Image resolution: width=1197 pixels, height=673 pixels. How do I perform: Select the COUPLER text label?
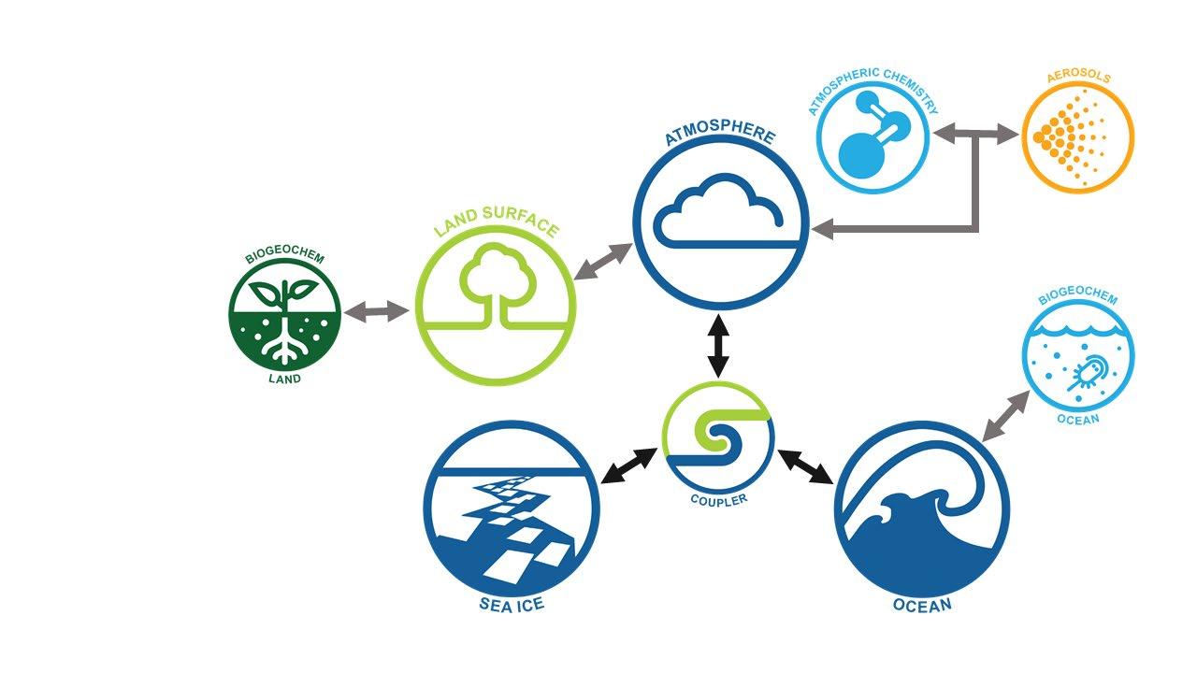719,499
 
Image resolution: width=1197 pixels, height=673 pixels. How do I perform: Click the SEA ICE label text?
512,605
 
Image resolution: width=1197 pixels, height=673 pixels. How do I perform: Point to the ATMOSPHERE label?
720,136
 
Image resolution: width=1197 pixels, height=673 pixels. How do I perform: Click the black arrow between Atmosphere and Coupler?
718,347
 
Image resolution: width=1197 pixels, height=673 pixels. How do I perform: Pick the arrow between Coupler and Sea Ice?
629,465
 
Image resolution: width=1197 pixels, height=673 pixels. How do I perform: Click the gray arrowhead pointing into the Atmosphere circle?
821,228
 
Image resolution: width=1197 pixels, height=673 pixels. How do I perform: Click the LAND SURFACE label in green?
497,228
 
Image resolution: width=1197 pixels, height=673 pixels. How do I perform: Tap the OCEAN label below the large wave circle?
922,605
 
